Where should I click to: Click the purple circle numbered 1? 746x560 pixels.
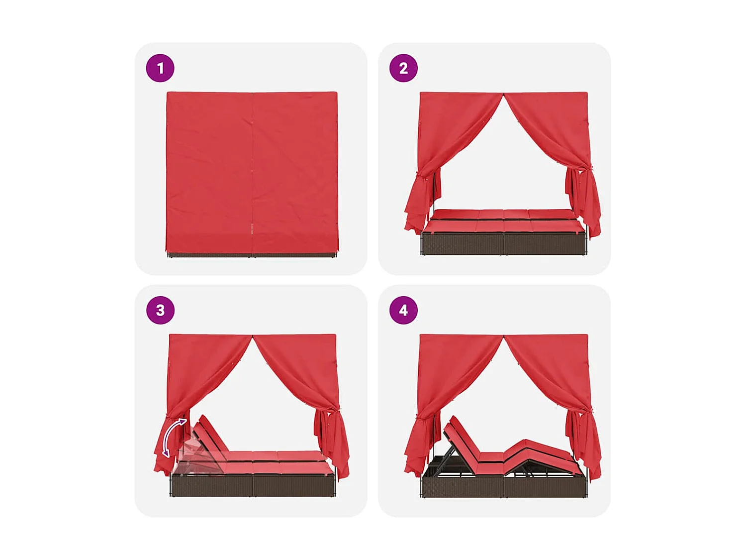tap(160, 68)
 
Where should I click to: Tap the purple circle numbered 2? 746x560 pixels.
tap(403, 68)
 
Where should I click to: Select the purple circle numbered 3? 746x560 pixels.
tap(160, 310)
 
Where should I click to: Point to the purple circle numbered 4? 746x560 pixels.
tap(403, 310)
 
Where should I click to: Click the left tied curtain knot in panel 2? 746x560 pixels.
tap(423, 175)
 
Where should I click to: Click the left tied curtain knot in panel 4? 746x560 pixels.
tap(423, 418)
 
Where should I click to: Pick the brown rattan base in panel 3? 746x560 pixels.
tap(253, 485)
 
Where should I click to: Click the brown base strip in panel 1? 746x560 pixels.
tap(253, 254)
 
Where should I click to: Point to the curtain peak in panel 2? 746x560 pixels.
tap(503, 95)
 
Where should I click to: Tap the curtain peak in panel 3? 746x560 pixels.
tap(253, 337)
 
